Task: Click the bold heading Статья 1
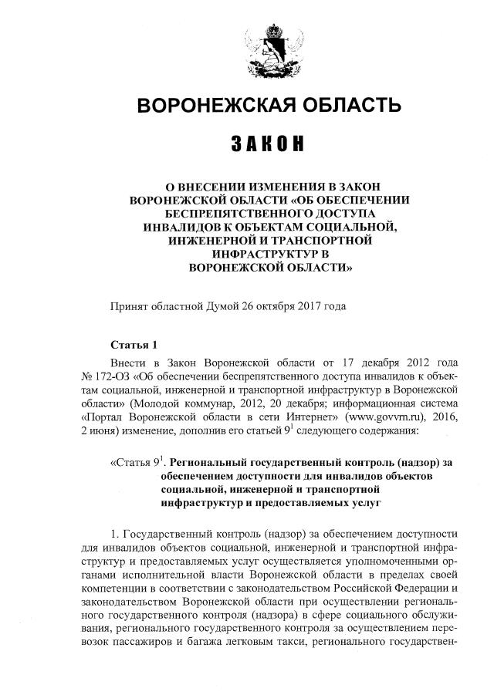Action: click(x=134, y=345)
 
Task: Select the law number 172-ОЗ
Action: click(x=112, y=376)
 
